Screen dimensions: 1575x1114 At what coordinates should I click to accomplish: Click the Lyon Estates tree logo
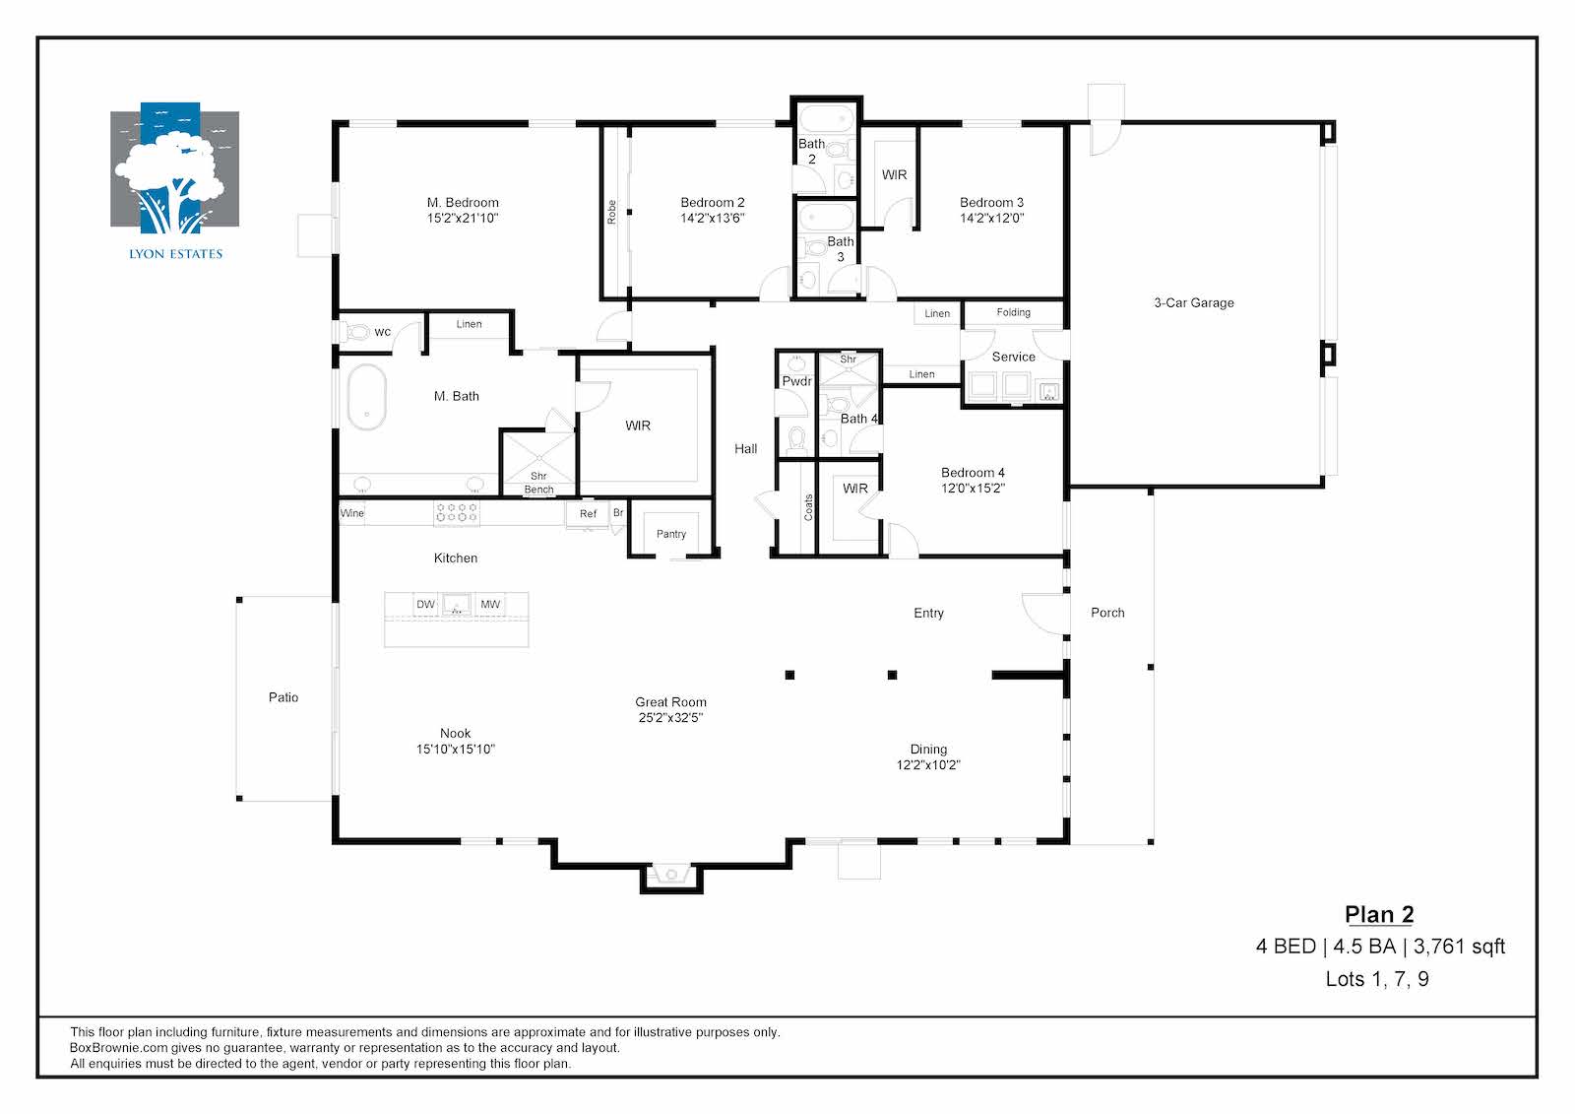(174, 168)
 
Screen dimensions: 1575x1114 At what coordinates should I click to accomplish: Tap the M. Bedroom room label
(463, 203)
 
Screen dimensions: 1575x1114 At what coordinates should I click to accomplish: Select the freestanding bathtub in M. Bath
(366, 396)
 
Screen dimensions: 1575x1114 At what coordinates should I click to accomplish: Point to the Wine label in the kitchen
(351, 513)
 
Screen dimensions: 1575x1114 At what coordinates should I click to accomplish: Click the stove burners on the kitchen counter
(457, 513)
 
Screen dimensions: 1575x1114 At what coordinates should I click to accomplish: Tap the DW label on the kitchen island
(425, 604)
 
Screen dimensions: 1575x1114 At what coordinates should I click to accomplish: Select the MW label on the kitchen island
(490, 604)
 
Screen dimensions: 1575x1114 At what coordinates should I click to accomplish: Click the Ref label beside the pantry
(588, 514)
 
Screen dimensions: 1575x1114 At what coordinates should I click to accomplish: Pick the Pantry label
(670, 534)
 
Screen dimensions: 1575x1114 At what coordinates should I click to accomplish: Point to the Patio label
(283, 697)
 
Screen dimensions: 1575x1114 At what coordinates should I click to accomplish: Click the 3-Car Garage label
(1194, 302)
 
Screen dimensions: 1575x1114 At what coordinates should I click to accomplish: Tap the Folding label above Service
(1013, 312)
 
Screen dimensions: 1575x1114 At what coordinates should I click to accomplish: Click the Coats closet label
(808, 507)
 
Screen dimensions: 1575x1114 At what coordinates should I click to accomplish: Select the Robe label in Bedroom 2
(611, 213)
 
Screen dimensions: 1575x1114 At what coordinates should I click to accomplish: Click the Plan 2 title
(1379, 914)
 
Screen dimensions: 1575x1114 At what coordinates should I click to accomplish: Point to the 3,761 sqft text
(1459, 947)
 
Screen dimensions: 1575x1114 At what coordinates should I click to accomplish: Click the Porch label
(1107, 613)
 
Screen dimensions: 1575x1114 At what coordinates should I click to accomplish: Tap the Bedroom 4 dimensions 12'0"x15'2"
(974, 488)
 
